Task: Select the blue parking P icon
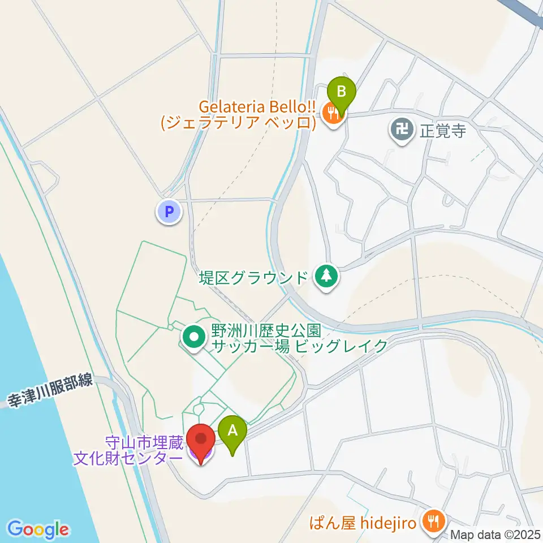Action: pos(169,212)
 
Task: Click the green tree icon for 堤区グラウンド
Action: pos(326,277)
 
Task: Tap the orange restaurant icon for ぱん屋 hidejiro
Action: pos(434,520)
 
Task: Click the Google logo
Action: pos(38,529)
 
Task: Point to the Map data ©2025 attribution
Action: pos(495,535)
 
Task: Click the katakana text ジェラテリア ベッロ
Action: pos(237,123)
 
